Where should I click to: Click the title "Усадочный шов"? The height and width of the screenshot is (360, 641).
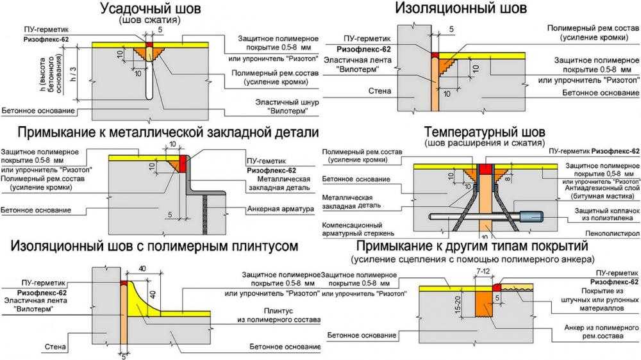(150, 8)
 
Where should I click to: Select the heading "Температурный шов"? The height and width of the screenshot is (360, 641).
(485, 132)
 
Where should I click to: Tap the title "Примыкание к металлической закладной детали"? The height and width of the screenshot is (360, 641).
(168, 132)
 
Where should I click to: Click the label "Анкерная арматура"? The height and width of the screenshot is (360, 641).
(281, 209)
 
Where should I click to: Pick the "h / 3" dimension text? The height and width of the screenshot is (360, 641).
(74, 74)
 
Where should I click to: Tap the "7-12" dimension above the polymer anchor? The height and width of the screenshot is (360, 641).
(483, 272)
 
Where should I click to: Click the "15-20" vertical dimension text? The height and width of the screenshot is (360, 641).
(458, 305)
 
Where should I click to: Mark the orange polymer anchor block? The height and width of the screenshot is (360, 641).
(484, 302)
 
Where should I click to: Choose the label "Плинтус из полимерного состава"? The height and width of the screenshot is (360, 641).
(279, 315)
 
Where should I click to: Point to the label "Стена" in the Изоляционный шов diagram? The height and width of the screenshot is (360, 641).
(379, 91)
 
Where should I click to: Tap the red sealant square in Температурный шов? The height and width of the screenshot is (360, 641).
(485, 169)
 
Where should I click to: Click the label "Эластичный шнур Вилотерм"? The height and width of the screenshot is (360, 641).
(287, 106)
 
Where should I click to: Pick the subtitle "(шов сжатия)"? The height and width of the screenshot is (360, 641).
(149, 20)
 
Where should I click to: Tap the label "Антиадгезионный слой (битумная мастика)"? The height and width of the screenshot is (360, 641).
(602, 192)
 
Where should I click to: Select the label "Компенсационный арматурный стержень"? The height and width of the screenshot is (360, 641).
(358, 229)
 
